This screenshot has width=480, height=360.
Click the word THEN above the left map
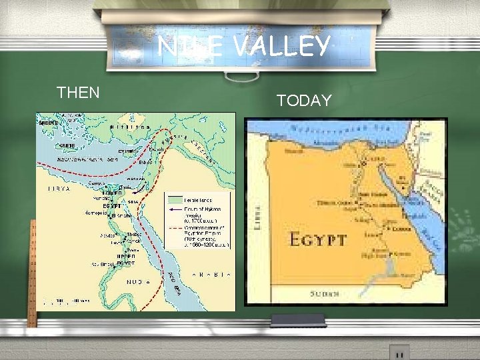(x=78, y=93)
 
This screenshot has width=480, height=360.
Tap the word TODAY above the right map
(x=304, y=101)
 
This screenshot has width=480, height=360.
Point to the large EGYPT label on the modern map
(x=318, y=239)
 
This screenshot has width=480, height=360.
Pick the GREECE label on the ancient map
(x=48, y=123)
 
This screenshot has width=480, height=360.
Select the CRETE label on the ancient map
(x=67, y=145)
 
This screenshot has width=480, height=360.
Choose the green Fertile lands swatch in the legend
(x=175, y=199)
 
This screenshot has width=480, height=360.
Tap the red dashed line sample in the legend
(x=175, y=227)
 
